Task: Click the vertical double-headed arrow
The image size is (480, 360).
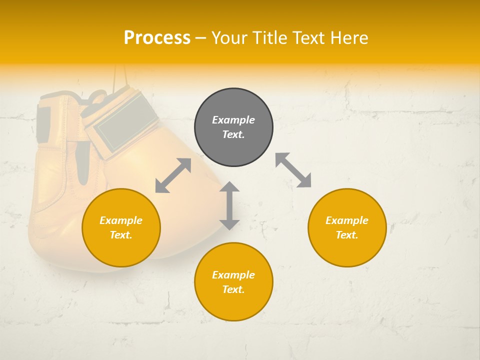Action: coord(229,205)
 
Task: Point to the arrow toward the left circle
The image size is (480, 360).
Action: coord(173,175)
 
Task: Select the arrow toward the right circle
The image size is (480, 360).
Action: coord(293,170)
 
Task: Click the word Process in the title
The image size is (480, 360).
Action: coord(157,38)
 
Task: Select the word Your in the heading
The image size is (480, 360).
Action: coord(229,38)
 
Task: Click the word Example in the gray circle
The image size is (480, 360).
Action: coord(233,120)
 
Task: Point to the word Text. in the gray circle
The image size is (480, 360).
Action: coord(233,134)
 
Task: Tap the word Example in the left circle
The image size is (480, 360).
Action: coord(121,220)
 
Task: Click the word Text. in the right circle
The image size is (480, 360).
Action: coord(347,235)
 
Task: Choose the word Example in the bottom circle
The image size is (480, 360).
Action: coord(233,275)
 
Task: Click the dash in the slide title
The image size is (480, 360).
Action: coord(200,38)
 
